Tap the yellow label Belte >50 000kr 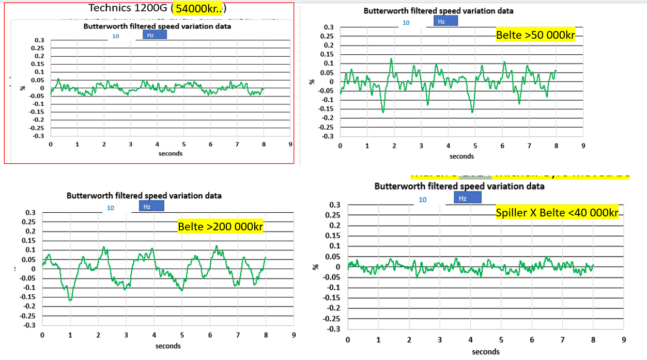[535, 35]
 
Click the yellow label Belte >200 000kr [221, 226]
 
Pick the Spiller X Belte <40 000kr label [557, 213]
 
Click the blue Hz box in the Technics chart [155, 35]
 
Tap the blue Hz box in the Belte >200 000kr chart [151, 206]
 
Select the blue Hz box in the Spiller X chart [467, 198]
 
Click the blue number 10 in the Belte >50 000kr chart [406, 23]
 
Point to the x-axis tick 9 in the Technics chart [290, 145]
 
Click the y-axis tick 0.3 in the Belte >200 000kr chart [30, 212]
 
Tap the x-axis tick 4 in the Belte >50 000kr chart [448, 146]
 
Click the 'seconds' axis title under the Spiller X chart [485, 352]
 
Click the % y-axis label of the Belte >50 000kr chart [312, 82]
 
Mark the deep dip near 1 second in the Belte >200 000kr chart [70, 299]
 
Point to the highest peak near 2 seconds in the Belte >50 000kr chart [391, 58]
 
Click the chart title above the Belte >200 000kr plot [144, 196]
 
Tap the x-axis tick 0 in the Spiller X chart [348, 340]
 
